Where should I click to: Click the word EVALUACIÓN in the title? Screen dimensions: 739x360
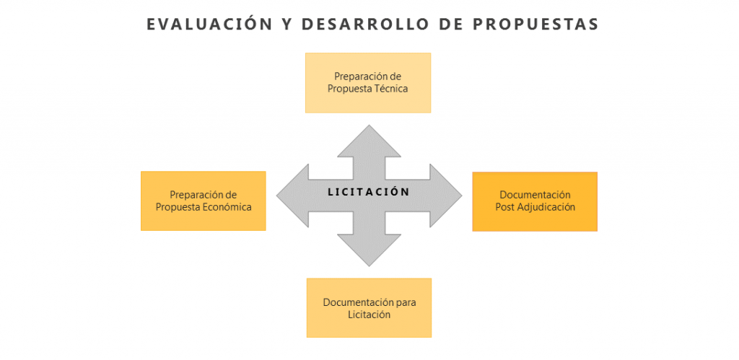click(209, 24)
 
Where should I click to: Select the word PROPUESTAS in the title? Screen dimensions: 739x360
click(535, 25)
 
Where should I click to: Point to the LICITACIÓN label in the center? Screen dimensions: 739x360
click(369, 192)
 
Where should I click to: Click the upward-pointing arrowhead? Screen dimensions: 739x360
click(369, 141)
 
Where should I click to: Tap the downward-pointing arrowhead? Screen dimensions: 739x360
click(369, 250)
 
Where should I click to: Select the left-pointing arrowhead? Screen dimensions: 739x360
click(293, 196)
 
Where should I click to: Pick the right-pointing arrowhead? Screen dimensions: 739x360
click(446, 196)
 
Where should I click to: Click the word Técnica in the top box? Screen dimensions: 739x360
click(390, 88)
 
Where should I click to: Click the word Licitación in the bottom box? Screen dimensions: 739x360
click(369, 315)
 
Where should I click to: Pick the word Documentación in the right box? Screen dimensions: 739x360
click(535, 195)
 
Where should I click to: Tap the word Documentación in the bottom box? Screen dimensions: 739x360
click(358, 302)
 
